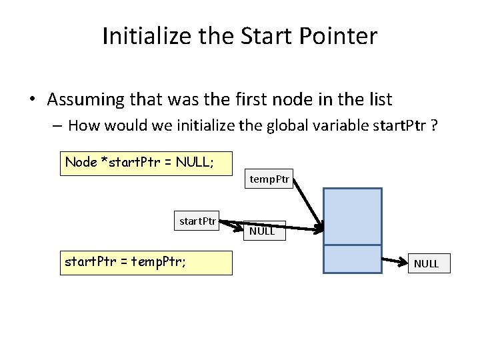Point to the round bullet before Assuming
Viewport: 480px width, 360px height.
[x=32, y=101]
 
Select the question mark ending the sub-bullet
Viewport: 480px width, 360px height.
[x=433, y=125]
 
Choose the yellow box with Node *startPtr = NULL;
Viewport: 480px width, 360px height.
[x=146, y=163]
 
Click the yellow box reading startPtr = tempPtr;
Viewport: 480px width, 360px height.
[x=146, y=263]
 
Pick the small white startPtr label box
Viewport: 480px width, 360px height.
[x=197, y=221]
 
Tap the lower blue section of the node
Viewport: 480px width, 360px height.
[x=352, y=259]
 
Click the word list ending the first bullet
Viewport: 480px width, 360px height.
[x=380, y=100]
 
